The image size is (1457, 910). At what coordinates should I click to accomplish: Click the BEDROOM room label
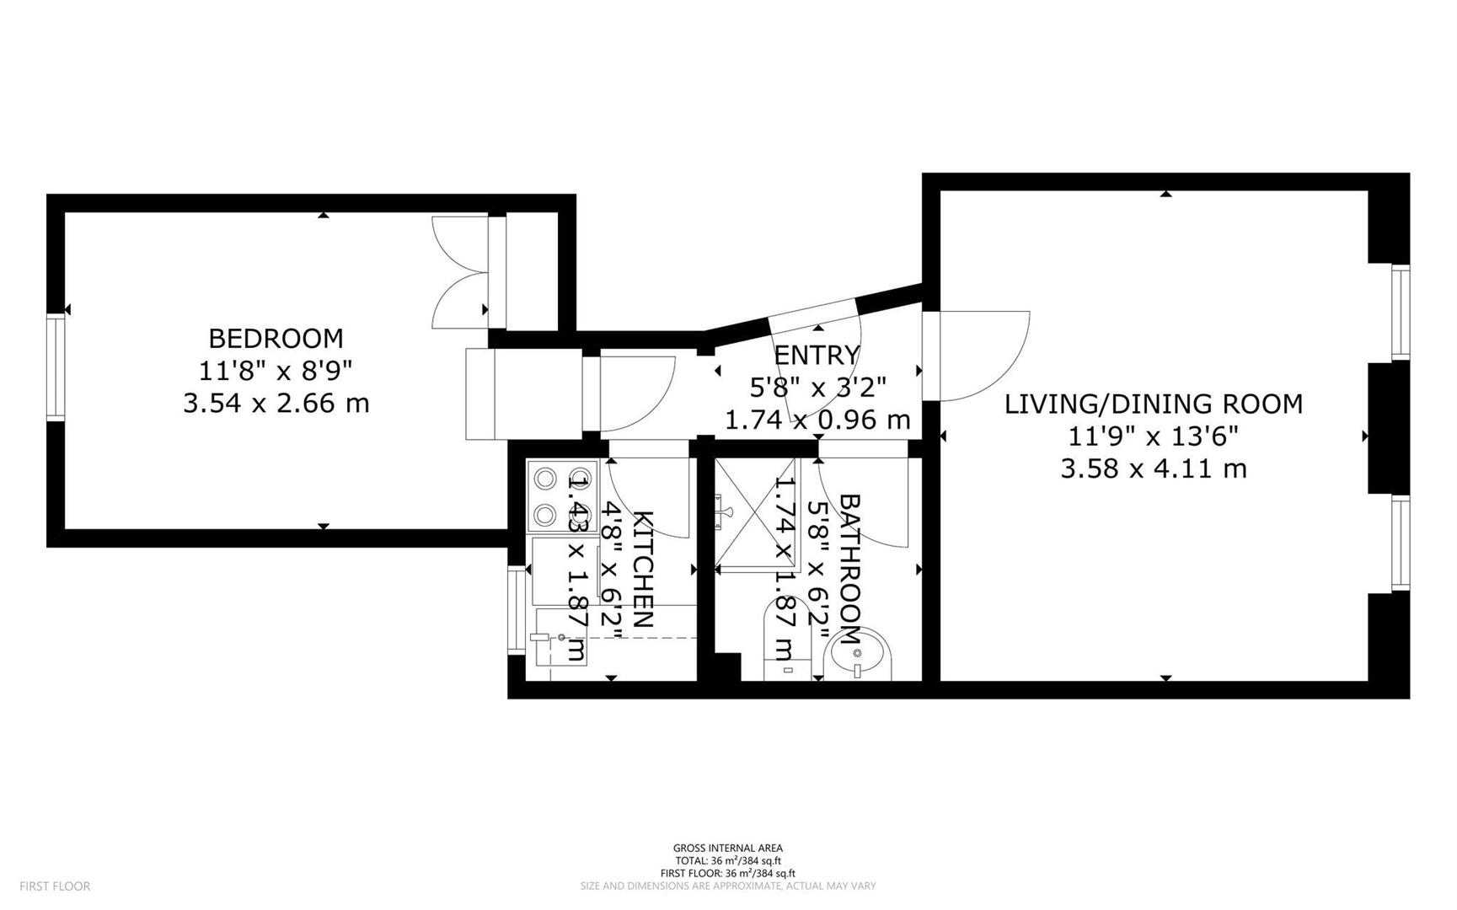pyautogui.click(x=276, y=338)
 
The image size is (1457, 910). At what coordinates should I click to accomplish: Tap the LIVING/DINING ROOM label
pyautogui.click(x=1153, y=404)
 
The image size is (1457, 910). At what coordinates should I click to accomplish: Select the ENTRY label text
pyautogui.click(x=817, y=355)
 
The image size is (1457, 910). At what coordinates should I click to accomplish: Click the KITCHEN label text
pyautogui.click(x=642, y=569)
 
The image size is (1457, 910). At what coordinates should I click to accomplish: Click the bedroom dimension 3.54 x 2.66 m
pyautogui.click(x=276, y=403)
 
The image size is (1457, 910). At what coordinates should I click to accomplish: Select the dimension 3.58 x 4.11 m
pyautogui.click(x=1153, y=468)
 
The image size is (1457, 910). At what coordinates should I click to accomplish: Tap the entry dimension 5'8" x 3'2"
pyautogui.click(x=817, y=388)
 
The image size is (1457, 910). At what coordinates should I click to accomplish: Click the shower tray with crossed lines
pyautogui.click(x=755, y=514)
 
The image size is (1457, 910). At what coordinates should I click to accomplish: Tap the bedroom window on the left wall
pyautogui.click(x=56, y=367)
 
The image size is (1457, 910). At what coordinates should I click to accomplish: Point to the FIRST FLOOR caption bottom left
pyautogui.click(x=55, y=886)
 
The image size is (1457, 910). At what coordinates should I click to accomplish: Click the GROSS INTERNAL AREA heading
pyautogui.click(x=727, y=848)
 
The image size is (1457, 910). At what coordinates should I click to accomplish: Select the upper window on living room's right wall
pyautogui.click(x=1400, y=313)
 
